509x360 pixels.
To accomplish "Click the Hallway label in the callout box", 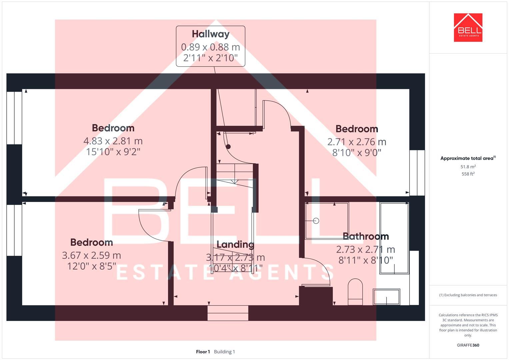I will [210, 34].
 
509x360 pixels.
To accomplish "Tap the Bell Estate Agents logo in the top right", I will [468, 28].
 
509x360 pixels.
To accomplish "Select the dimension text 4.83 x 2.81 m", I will [113, 141].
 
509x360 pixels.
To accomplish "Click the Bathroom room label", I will [366, 236].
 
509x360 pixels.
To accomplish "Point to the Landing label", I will [235, 245].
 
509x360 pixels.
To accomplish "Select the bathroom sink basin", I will [386, 296].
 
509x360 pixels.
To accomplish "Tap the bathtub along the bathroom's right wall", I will [394, 238].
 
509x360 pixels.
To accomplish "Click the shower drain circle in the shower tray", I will [316, 221].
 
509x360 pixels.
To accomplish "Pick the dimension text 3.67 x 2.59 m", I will [91, 256].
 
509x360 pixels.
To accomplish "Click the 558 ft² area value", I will [468, 174].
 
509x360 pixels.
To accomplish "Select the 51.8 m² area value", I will [468, 167].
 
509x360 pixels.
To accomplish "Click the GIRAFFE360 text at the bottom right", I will [468, 345].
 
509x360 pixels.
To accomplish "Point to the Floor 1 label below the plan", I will [203, 352].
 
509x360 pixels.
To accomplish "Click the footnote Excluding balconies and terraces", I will [468, 295].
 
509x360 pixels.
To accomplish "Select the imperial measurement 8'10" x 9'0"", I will [357, 153].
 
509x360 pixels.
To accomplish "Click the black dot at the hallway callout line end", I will [228, 147].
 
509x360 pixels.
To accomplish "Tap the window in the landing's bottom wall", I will [228, 313].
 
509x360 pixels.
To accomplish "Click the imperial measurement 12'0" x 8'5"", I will [91, 266].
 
